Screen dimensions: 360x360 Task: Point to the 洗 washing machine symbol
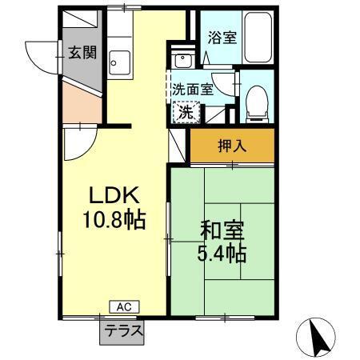[x=186, y=114]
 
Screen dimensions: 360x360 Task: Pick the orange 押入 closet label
[x=232, y=146]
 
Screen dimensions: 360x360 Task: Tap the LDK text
[x=114, y=194]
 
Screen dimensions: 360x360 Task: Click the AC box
[x=123, y=306]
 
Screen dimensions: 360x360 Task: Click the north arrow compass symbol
[x=318, y=337]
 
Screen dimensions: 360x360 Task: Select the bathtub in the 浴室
[x=258, y=38]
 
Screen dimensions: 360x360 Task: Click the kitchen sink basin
[x=120, y=60]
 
